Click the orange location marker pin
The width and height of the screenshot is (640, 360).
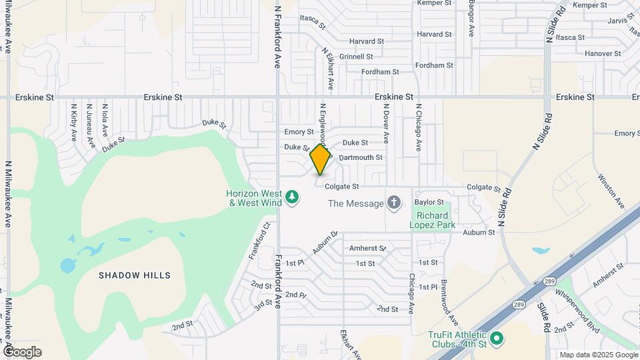(x=321, y=159)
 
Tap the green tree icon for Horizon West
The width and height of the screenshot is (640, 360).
(x=291, y=197)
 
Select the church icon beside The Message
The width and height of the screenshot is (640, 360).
(x=394, y=203)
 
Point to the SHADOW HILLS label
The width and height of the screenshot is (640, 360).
(x=135, y=275)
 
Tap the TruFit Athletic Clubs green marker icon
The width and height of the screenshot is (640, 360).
(x=496, y=339)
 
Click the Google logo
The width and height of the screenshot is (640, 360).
(x=22, y=352)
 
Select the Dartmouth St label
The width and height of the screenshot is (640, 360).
(x=361, y=157)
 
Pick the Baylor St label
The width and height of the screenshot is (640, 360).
(x=429, y=201)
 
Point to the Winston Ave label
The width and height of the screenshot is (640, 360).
(x=611, y=191)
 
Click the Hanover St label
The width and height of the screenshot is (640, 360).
(x=603, y=53)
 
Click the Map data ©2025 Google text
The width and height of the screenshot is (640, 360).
(x=598, y=355)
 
